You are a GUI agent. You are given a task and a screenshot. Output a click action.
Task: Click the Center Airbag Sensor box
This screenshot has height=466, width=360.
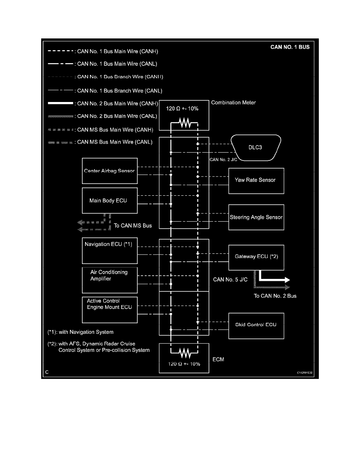[x=110, y=171]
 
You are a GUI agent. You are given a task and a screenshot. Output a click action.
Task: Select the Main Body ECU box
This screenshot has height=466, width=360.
[x=110, y=200]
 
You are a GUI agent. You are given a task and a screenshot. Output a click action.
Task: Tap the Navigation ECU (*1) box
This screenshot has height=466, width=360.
[x=110, y=250]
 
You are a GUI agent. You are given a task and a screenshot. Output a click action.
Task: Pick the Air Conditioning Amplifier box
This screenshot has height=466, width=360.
[x=110, y=280]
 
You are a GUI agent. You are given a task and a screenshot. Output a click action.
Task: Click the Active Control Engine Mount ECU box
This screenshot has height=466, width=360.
[x=110, y=309]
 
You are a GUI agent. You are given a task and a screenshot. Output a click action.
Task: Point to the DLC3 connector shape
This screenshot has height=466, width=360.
[x=255, y=147]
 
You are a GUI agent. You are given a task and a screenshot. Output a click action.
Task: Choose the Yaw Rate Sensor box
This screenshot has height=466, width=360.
[x=256, y=180]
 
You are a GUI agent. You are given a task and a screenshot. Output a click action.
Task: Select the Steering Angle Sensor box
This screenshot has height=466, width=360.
[x=256, y=217]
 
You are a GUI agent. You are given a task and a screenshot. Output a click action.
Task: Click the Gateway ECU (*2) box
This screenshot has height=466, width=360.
[x=256, y=257]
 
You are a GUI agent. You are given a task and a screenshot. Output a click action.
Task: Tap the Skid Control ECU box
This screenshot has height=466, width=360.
[x=256, y=325]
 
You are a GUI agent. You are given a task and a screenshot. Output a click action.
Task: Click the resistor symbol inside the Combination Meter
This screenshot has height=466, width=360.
[x=184, y=123]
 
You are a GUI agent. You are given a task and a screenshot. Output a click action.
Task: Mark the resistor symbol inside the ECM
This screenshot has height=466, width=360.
[x=184, y=353]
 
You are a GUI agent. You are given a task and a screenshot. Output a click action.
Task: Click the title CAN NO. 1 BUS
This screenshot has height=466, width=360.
[x=290, y=47]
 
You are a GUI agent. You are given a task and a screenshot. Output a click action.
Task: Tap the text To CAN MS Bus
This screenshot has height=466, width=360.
[x=133, y=226]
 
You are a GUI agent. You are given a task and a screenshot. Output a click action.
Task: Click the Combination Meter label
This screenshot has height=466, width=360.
[x=233, y=103]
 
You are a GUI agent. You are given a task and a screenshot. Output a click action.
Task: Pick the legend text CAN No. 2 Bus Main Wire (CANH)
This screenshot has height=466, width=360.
[x=118, y=104]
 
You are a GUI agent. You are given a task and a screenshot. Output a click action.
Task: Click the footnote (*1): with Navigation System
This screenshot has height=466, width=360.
[x=80, y=332]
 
